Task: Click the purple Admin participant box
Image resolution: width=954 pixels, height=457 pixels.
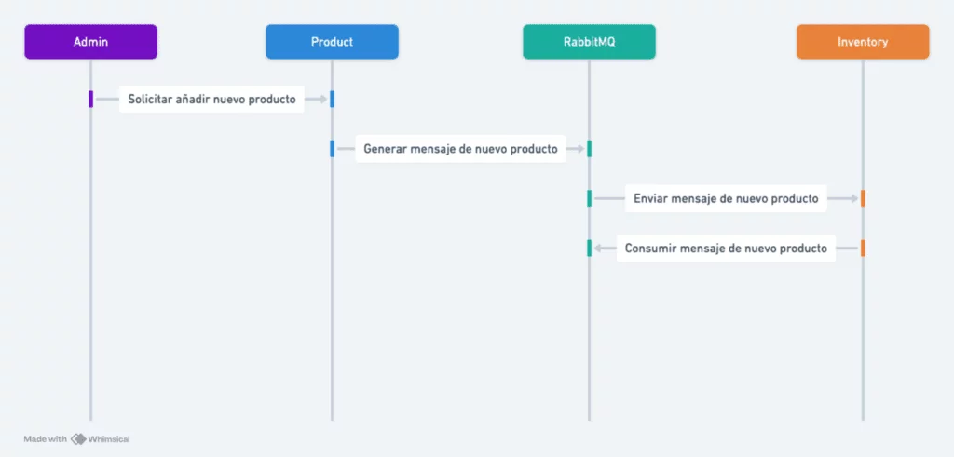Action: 90,42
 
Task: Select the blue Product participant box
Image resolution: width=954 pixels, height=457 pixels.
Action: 333,42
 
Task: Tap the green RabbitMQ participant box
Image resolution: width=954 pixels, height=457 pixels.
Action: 589,42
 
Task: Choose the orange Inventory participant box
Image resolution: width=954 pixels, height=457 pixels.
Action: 863,42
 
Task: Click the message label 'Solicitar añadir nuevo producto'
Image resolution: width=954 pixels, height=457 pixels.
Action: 211,99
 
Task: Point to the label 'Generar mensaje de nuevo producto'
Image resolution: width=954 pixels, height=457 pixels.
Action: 460,149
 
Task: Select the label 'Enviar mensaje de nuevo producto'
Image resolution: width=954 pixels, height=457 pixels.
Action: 726,199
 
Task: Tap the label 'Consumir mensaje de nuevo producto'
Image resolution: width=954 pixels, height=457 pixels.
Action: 726,248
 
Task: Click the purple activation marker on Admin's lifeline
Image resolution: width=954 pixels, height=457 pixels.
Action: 90,99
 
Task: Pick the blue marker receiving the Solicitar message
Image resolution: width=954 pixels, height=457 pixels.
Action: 333,99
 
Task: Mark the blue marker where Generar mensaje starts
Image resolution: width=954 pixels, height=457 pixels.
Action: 333,149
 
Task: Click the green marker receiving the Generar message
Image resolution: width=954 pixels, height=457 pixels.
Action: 589,149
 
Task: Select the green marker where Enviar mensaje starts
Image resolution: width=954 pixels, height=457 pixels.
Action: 589,199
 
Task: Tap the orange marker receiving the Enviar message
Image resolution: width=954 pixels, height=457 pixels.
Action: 863,199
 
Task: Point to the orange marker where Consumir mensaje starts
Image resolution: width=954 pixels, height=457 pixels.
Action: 863,248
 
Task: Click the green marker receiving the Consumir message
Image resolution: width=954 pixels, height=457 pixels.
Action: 589,248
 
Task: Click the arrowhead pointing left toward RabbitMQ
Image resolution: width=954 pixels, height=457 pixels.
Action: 598,248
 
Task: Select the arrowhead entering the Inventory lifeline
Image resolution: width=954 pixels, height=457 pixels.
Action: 854,199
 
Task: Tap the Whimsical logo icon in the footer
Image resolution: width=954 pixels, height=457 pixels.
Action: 78,438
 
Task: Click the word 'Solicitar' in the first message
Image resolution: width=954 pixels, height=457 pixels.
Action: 150,99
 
